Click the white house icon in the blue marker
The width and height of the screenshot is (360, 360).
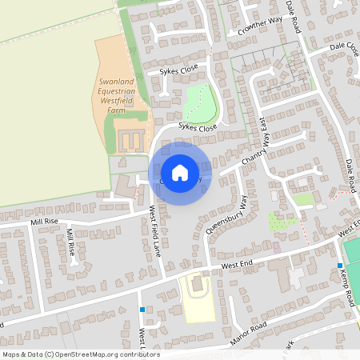click(x=180, y=172)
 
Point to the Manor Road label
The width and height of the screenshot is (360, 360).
click(x=247, y=330)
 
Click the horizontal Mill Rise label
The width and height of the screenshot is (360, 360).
click(x=45, y=220)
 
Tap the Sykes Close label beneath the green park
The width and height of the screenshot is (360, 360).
click(x=197, y=127)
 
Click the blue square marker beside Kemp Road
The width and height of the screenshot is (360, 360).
click(x=340, y=266)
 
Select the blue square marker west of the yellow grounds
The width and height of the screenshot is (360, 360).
click(x=142, y=310)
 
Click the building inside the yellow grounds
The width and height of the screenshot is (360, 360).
click(x=197, y=286)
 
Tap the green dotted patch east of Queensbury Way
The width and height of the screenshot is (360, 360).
click(x=282, y=222)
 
